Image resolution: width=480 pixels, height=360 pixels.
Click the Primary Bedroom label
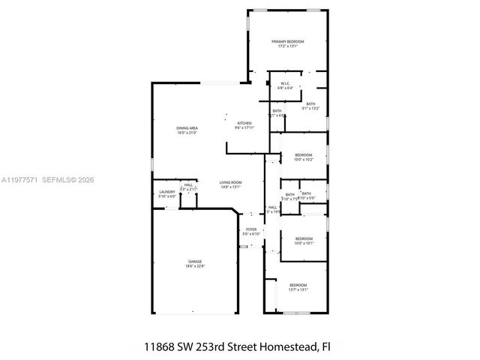click(288, 41)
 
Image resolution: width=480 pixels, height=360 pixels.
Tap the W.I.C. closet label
click(285, 83)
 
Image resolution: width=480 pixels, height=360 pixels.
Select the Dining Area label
click(187, 128)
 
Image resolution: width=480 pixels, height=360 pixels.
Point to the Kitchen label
click(244, 123)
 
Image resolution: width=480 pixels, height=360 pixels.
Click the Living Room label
click(230, 182)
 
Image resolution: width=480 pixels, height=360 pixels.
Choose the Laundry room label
click(166, 192)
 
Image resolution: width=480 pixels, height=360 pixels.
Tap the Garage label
click(194, 262)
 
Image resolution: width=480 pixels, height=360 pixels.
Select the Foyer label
click(250, 229)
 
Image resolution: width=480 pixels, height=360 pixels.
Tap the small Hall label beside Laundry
click(188, 185)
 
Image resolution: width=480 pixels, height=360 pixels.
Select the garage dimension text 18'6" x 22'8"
click(194, 266)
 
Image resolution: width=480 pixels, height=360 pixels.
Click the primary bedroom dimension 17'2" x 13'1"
click(288, 46)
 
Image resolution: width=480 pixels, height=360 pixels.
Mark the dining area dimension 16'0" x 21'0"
click(187, 133)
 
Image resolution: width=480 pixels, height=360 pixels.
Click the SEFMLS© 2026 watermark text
click(68, 180)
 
